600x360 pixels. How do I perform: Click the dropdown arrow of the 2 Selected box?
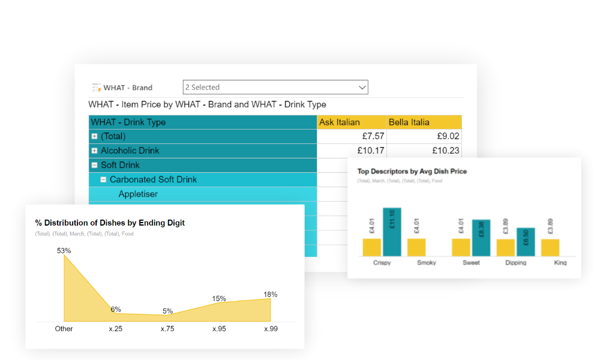[x=362, y=88]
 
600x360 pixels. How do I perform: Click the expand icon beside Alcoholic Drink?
[x=94, y=151]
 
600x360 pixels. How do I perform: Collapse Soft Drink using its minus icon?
[x=94, y=165]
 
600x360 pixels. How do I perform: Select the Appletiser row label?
[x=138, y=194]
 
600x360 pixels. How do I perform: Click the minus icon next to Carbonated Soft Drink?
[x=103, y=179]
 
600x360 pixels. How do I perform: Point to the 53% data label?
[x=64, y=250]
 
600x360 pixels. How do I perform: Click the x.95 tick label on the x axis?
[x=218, y=329]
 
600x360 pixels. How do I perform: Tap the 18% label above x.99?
[x=270, y=294]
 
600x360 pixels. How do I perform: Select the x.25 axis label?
[x=115, y=329]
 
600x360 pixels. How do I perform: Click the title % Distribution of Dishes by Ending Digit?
[x=110, y=223]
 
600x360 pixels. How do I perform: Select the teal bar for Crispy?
[x=392, y=232]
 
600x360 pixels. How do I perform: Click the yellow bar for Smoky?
[x=416, y=247]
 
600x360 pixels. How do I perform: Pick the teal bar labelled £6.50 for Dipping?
[x=526, y=242]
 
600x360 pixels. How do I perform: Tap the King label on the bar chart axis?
[x=560, y=262]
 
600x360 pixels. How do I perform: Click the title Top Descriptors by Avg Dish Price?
[x=412, y=171]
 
